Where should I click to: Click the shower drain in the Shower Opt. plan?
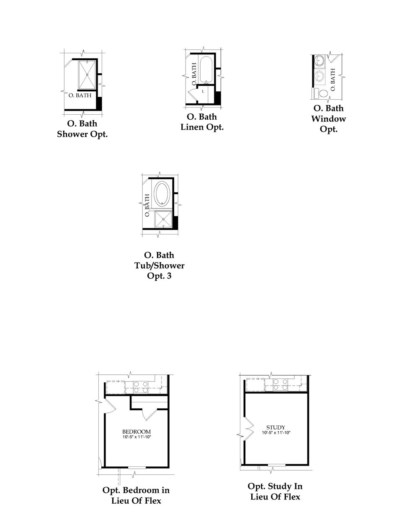(87, 75)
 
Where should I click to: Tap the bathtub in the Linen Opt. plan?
(206, 70)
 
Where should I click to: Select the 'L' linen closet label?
(203, 90)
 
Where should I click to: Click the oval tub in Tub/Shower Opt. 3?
(162, 193)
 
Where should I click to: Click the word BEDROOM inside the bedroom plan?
(136, 432)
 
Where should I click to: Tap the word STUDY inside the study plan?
(276, 427)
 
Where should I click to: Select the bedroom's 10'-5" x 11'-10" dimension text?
(136, 437)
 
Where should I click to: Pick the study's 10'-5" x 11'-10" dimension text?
(276, 432)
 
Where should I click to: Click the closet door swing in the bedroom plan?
(149, 413)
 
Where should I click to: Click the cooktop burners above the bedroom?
(140, 386)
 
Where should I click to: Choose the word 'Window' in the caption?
(328, 119)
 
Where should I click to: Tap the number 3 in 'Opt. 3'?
(169, 276)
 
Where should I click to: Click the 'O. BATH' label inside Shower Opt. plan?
(80, 95)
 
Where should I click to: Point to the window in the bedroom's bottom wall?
(137, 467)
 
